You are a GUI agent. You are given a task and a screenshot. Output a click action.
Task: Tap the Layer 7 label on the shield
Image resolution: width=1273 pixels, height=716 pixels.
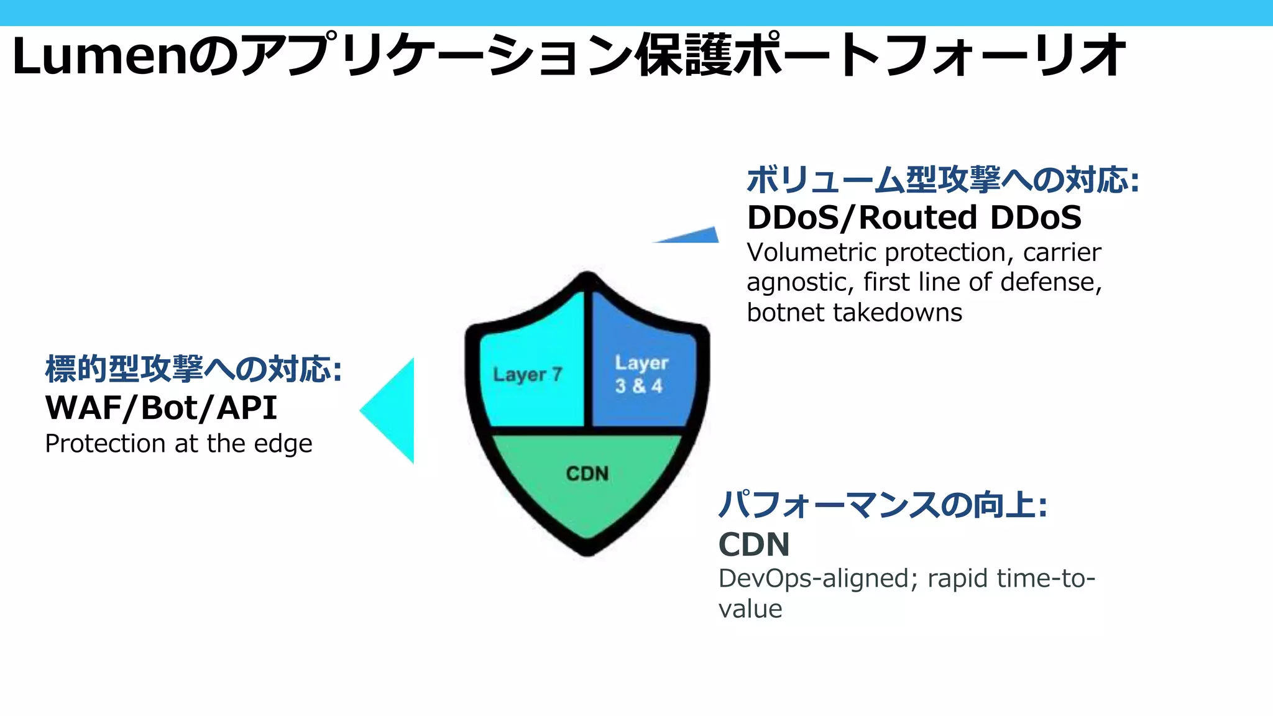coord(527,374)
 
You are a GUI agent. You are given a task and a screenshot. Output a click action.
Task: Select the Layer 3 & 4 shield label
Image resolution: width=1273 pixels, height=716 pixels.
coord(641,374)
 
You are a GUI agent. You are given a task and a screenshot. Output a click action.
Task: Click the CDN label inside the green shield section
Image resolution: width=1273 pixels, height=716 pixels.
coord(587,474)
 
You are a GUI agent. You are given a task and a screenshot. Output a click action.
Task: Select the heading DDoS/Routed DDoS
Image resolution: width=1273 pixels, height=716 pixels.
coord(914,218)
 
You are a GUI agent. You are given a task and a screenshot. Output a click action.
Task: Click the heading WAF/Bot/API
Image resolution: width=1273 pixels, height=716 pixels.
coord(161,408)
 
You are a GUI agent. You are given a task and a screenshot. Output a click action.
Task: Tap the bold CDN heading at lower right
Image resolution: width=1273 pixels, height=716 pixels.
coord(753,544)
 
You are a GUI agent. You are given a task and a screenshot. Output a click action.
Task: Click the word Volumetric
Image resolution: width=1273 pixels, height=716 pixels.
coord(811,252)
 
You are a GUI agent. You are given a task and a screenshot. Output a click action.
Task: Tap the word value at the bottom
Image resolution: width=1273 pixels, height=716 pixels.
coord(750,609)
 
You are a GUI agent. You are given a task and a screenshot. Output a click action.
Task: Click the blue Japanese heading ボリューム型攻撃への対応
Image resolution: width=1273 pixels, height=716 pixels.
coord(942,180)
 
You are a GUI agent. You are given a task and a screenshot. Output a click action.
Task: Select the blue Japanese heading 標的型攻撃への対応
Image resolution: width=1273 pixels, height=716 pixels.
coord(193,369)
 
